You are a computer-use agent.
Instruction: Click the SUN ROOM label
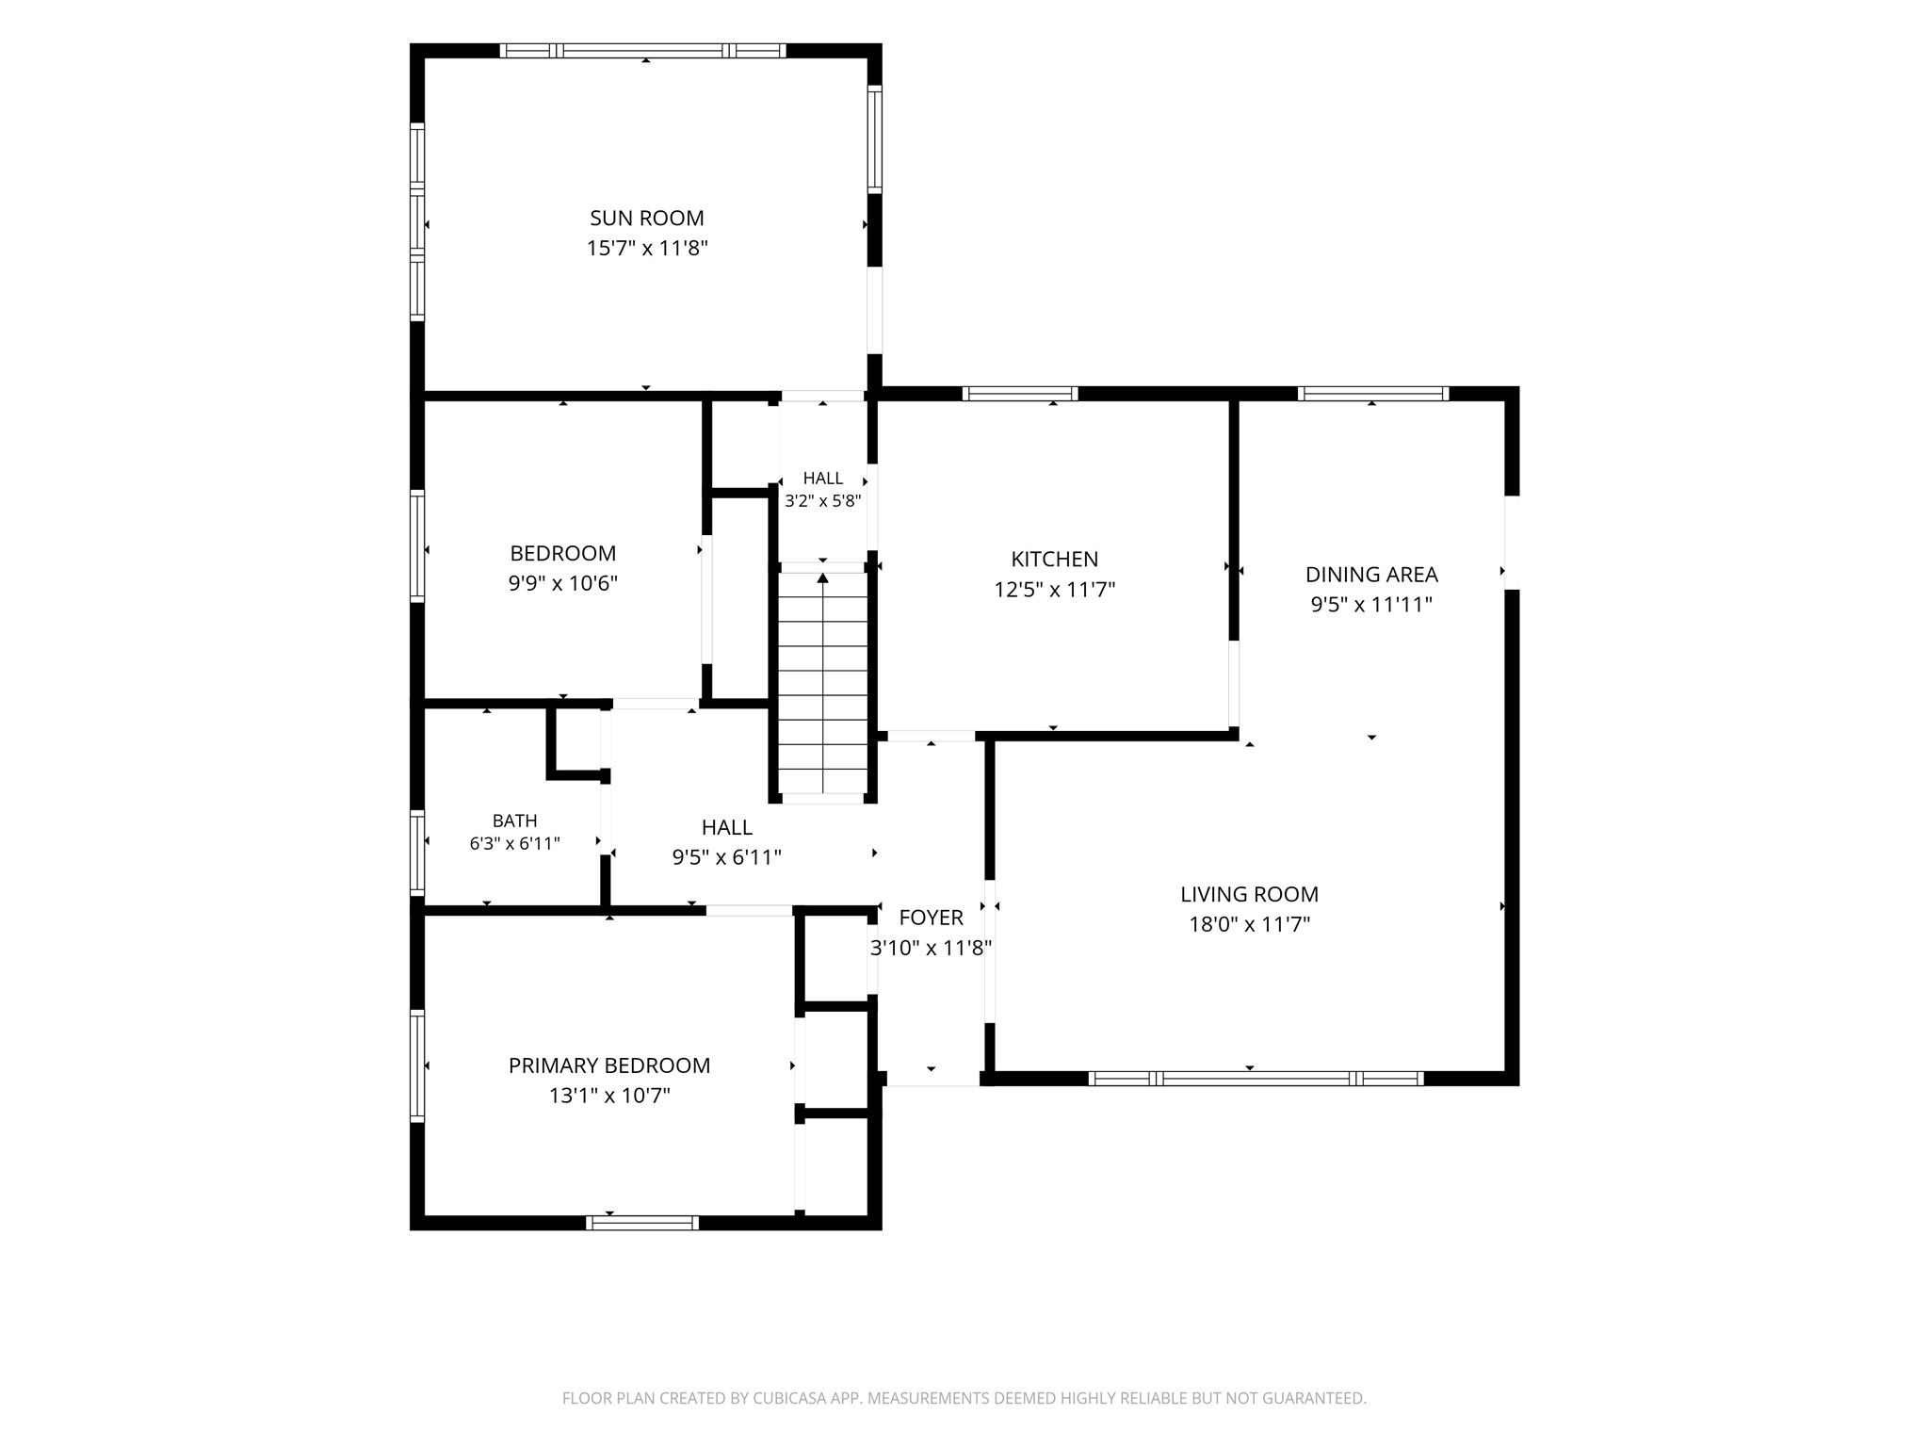coord(647,218)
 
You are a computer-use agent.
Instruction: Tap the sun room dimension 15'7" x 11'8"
coord(647,248)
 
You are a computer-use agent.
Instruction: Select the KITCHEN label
coord(1055,559)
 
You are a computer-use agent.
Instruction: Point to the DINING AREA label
coord(1371,574)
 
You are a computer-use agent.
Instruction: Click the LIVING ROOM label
coord(1250,894)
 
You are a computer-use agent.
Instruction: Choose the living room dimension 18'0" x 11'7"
coord(1250,924)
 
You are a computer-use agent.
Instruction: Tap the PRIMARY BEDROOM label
coord(609,1065)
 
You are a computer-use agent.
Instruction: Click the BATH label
coord(515,821)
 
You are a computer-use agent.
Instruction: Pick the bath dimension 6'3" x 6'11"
coord(515,843)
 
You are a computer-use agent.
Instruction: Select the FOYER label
coord(932,918)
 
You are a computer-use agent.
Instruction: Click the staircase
coord(823,685)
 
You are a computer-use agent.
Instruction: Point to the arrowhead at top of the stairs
coord(823,577)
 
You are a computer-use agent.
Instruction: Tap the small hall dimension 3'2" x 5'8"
coord(823,501)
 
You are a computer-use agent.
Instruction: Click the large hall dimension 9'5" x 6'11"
coord(727,857)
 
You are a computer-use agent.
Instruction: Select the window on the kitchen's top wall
coord(1020,394)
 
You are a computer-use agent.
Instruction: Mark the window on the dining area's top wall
coord(1373,394)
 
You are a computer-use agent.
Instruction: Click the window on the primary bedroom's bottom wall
coord(642,1223)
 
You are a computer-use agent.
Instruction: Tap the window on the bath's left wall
coord(416,853)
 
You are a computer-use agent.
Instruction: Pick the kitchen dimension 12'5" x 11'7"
coord(1055,590)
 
